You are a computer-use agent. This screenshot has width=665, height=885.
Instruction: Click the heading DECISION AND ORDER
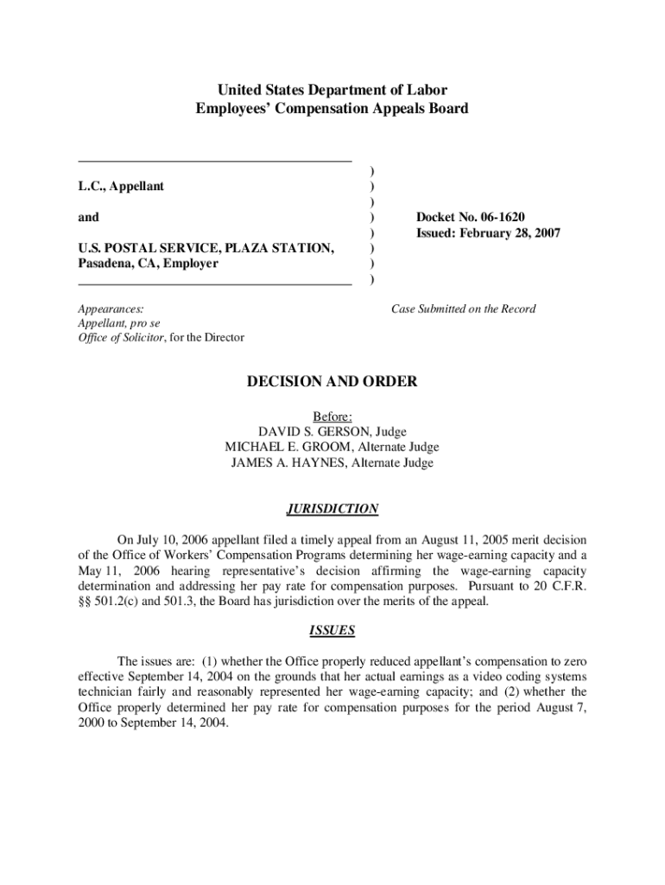[x=332, y=382]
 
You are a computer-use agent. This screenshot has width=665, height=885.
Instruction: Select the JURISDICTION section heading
[x=332, y=509]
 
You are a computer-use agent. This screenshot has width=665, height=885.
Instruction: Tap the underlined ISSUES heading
[x=332, y=631]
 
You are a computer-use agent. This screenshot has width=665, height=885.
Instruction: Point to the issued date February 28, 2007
[x=507, y=233]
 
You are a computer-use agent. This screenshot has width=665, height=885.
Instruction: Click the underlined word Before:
[x=332, y=416]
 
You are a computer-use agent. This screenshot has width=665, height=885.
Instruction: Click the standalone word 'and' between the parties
[x=88, y=217]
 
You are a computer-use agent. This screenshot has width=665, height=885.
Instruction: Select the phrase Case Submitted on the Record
[x=463, y=309]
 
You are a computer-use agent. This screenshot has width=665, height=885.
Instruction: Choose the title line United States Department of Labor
[x=332, y=90]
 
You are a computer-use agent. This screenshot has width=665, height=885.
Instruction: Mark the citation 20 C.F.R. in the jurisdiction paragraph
[x=560, y=587]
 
